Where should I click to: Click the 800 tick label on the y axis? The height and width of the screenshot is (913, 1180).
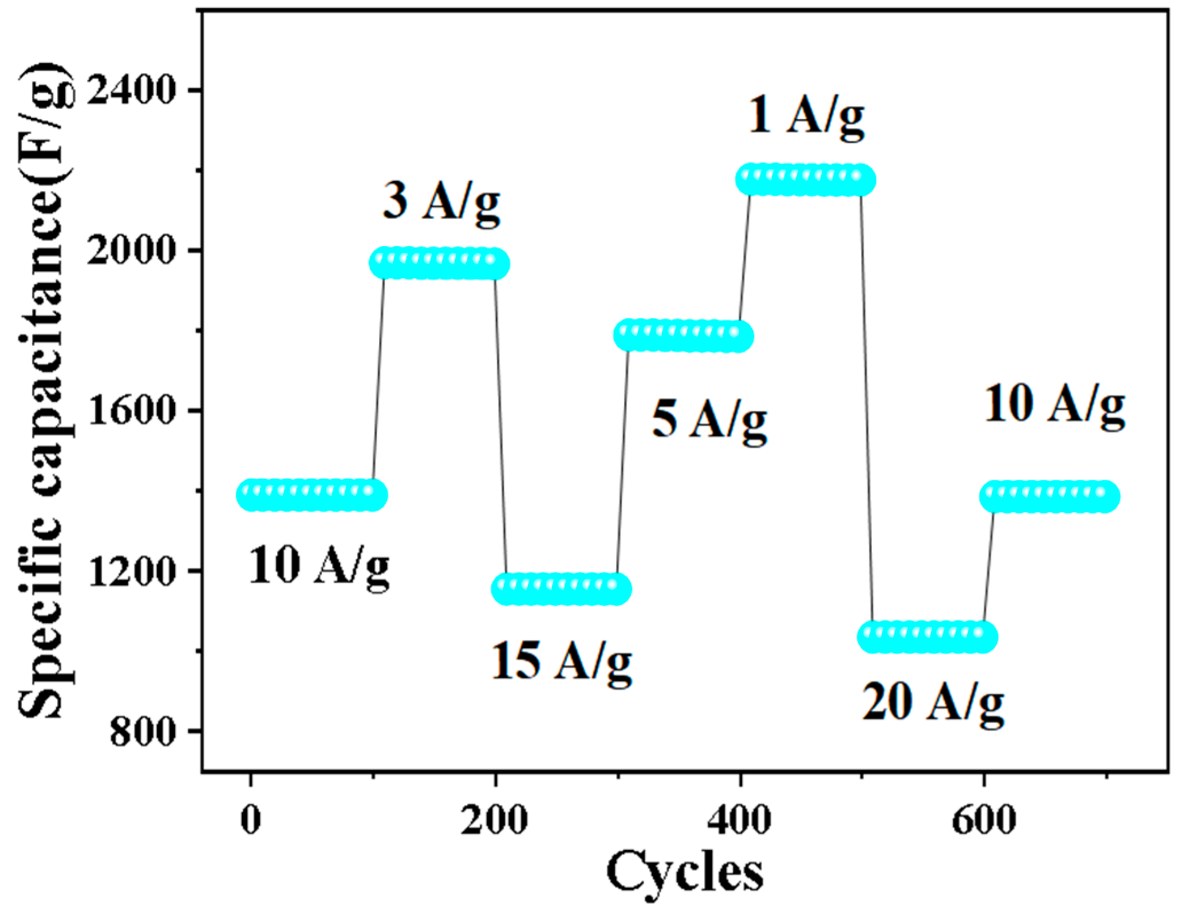pyautogui.click(x=142, y=732)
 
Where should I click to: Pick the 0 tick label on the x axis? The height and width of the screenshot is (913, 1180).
pyautogui.click(x=251, y=820)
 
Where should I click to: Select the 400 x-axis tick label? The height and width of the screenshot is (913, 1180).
pyautogui.click(x=740, y=820)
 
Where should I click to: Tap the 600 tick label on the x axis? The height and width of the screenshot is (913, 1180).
pyautogui.click(x=984, y=820)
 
